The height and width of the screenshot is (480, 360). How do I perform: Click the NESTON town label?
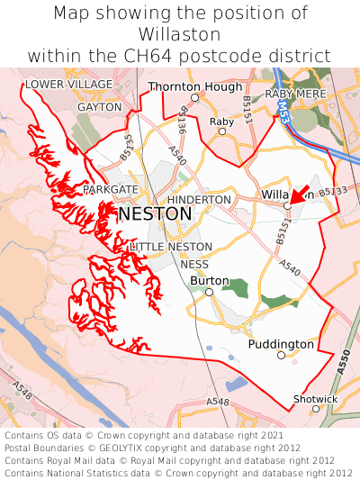click(155, 213)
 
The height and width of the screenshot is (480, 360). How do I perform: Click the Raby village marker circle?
click(222, 131)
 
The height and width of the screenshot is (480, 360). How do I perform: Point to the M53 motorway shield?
click(283, 112)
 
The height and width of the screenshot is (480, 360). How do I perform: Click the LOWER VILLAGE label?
click(69, 85)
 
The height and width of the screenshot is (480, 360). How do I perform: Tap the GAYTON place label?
click(99, 106)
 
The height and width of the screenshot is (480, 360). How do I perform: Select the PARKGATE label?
click(111, 190)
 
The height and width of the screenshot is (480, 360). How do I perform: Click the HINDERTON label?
click(200, 199)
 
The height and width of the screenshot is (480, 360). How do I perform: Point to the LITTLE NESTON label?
click(171, 247)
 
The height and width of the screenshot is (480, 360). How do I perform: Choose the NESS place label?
click(194, 265)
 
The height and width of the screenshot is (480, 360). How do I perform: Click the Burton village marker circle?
click(209, 292)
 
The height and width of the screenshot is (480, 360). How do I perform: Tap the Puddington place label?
click(282, 344)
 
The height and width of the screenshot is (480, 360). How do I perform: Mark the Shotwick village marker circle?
click(316, 409)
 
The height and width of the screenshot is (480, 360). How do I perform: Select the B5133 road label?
click(332, 192)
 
